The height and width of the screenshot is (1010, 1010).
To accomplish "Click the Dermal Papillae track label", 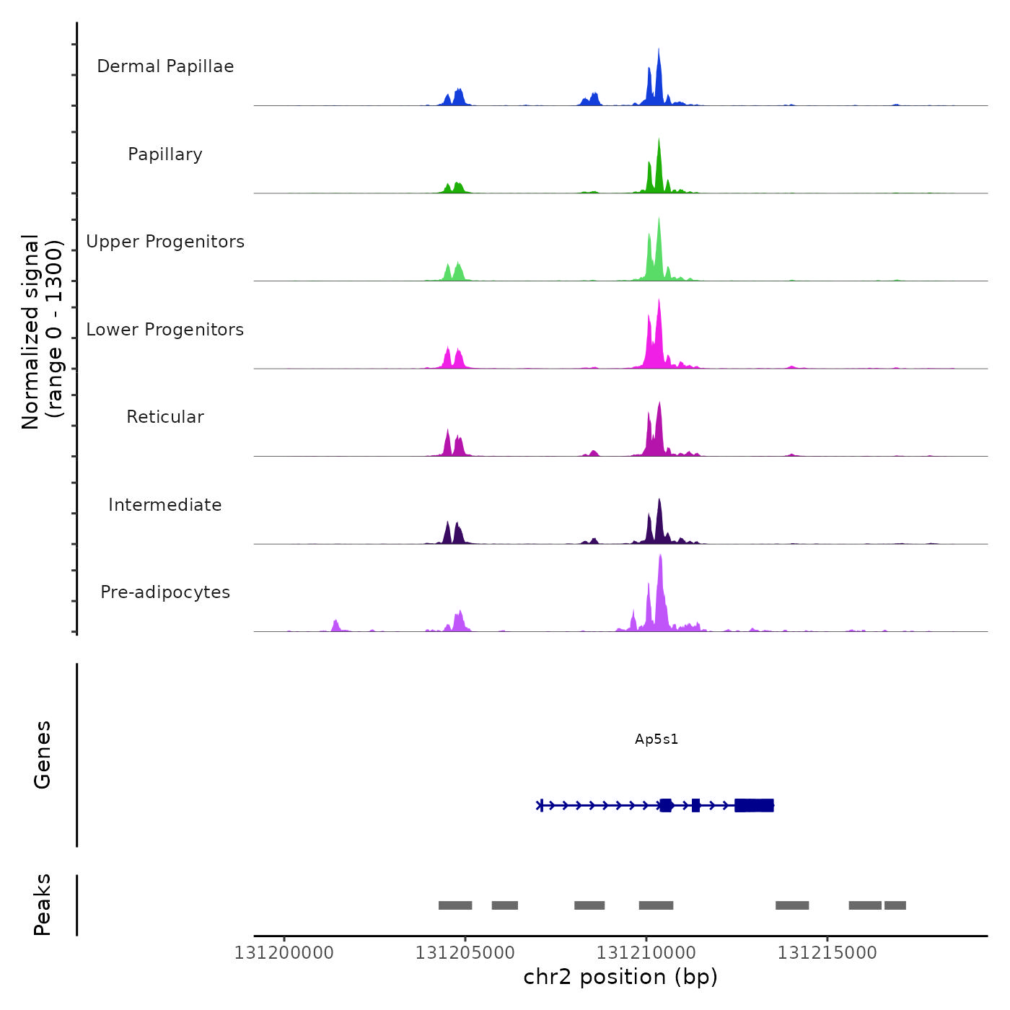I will click(165, 66).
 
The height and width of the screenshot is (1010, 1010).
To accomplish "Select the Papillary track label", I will click(165, 154).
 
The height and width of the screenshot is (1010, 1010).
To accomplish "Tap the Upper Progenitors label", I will click(165, 242).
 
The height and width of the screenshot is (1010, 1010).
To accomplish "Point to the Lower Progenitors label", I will click(165, 330).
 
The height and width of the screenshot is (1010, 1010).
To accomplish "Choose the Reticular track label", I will click(165, 417).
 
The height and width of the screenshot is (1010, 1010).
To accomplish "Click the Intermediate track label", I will click(165, 505).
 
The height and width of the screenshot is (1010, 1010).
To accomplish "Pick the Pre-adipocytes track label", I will click(165, 592).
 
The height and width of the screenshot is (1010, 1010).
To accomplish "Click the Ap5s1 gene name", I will click(656, 739).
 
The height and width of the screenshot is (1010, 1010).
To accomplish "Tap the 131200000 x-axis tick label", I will click(284, 953).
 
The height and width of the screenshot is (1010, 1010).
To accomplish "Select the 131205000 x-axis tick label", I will click(465, 953).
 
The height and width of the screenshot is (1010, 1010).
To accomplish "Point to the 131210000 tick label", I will click(646, 953).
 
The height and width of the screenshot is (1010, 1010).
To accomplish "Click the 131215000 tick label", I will click(827, 953).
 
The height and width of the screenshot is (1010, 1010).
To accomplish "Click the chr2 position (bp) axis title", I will click(620, 977).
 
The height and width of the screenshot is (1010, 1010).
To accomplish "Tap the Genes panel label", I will click(43, 755).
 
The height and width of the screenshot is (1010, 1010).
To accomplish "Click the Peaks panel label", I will click(43, 905).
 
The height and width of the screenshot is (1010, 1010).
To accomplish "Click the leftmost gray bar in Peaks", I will click(455, 905).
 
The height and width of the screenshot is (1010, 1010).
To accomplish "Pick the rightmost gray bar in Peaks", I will click(895, 905).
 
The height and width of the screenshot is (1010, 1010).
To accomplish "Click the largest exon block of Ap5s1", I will click(754, 805).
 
